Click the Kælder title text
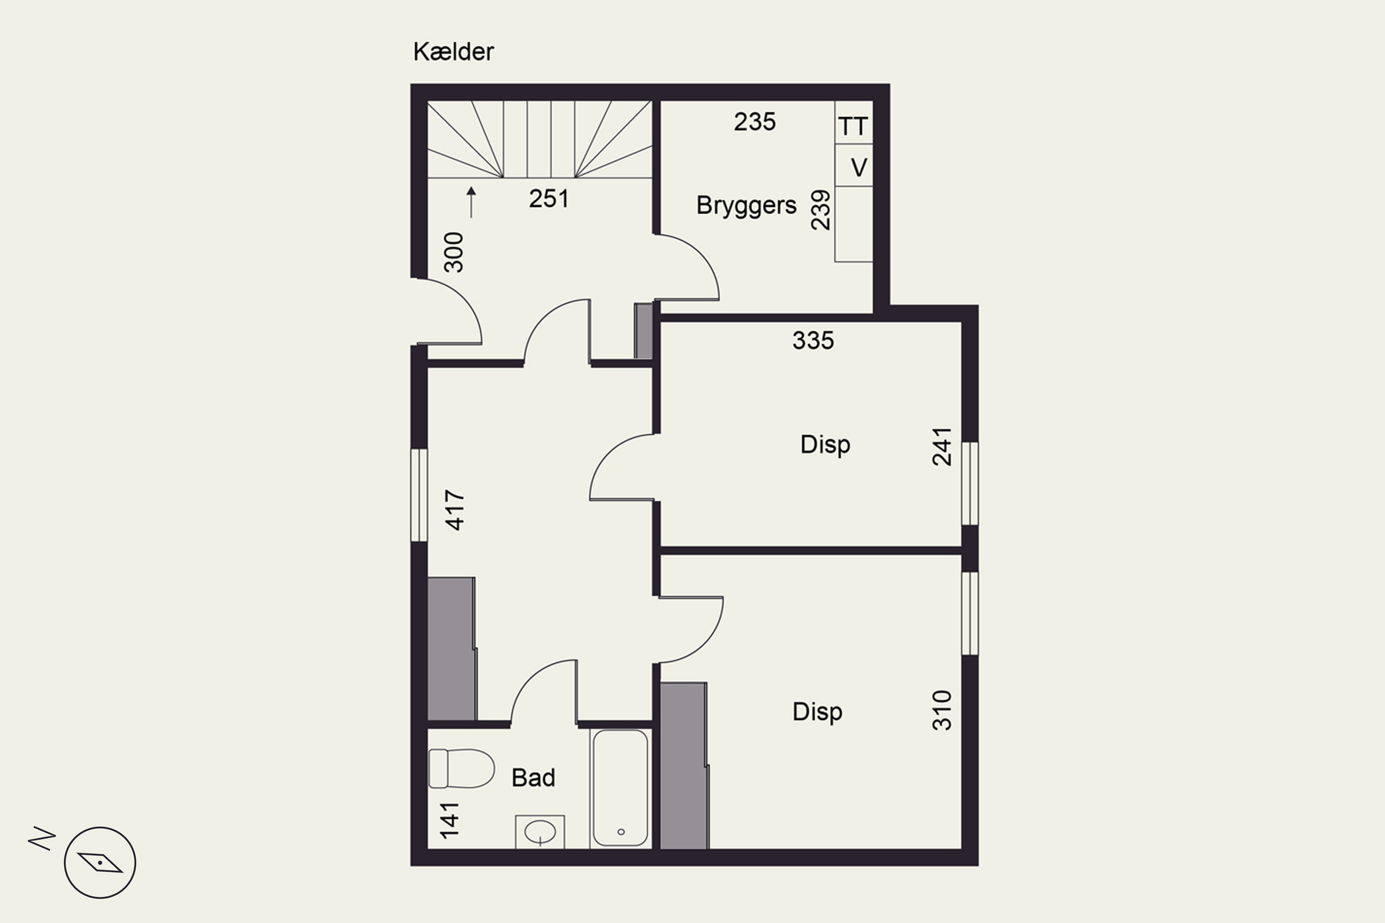[x=453, y=52]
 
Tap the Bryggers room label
[x=746, y=205]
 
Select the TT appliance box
[x=853, y=126]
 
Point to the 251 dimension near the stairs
[x=549, y=199]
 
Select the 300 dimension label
[x=454, y=252]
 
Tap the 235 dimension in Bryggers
[x=754, y=122]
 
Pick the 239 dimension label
[x=820, y=210]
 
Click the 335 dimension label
[x=813, y=340]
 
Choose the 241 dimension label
[x=942, y=447]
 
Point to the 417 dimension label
[x=455, y=510]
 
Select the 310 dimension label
[x=942, y=711]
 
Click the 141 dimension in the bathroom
[x=449, y=820]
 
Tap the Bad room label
[x=533, y=778]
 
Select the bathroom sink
[x=539, y=832]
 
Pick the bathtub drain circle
[x=620, y=832]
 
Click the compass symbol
[x=100, y=863]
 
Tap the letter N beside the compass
[x=42, y=838]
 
